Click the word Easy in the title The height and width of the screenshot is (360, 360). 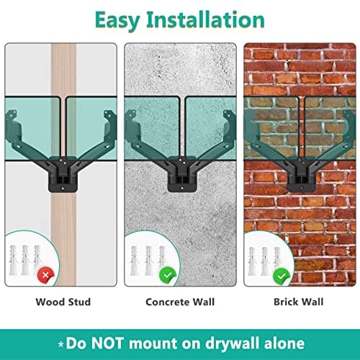pos(117,20)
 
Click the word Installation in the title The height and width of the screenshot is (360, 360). pos(206,19)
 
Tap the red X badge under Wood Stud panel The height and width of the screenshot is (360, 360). pos(45,274)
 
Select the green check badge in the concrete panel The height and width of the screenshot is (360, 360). pos(168,275)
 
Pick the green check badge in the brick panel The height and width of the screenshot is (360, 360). pos(282,276)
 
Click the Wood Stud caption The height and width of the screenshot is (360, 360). pos(63,302)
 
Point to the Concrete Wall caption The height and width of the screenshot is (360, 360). pos(180,302)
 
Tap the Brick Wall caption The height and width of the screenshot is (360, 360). pos(299,302)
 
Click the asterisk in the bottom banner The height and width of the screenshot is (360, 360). pos(61,344)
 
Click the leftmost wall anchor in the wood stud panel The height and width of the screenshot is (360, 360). pos(13,261)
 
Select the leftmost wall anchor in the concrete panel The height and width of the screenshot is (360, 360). pos(135,261)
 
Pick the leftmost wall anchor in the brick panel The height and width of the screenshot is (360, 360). pos(252,261)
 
